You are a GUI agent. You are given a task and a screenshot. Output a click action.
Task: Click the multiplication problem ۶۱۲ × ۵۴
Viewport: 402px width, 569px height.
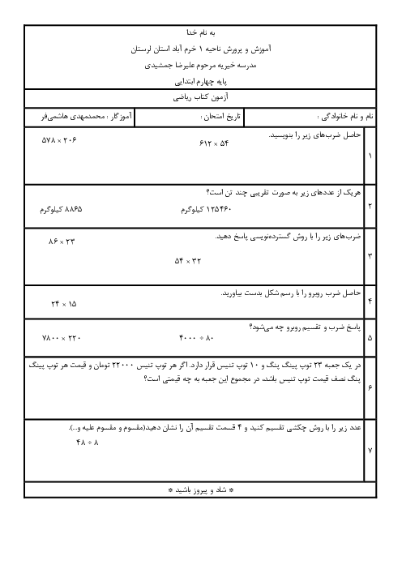pyautogui.click(x=214, y=143)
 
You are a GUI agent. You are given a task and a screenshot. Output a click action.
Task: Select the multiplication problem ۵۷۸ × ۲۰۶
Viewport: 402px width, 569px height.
pyautogui.click(x=59, y=139)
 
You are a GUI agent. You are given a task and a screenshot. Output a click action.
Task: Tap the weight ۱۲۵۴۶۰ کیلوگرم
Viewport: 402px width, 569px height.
pyautogui.click(x=206, y=209)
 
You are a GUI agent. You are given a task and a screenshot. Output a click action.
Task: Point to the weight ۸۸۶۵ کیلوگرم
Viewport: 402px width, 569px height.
pyautogui.click(x=61, y=209)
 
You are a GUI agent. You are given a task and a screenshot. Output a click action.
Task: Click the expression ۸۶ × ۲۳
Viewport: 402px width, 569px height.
pyautogui.click(x=62, y=242)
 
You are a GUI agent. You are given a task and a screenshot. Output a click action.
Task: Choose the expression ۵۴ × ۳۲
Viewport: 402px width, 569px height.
pyautogui.click(x=187, y=261)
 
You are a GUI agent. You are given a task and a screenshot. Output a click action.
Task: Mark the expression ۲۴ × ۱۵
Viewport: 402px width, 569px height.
pyautogui.click(x=64, y=304)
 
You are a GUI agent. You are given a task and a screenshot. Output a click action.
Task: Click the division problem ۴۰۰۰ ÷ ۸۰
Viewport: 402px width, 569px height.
pyautogui.click(x=196, y=338)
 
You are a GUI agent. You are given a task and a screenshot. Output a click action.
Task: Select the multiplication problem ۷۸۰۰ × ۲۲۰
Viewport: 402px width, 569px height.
pyautogui.click(x=62, y=338)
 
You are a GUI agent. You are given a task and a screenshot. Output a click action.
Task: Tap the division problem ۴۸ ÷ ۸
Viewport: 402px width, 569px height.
pyautogui.click(x=88, y=443)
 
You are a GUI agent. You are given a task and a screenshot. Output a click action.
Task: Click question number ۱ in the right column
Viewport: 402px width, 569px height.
pyautogui.click(x=370, y=156)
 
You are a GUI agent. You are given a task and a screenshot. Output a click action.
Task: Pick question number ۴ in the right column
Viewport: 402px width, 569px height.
pyautogui.click(x=370, y=302)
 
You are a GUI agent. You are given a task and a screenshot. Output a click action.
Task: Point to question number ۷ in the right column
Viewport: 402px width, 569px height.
pyautogui.click(x=370, y=451)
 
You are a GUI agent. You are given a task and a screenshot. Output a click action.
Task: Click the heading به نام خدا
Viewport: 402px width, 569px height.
pyautogui.click(x=201, y=32)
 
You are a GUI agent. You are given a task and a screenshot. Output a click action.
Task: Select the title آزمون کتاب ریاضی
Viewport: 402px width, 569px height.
pyautogui.click(x=201, y=97)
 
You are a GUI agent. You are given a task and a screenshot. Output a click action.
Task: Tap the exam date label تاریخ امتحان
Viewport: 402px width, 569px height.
pyautogui.click(x=220, y=117)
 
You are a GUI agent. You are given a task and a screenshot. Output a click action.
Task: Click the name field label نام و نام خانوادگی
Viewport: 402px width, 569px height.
pyautogui.click(x=345, y=116)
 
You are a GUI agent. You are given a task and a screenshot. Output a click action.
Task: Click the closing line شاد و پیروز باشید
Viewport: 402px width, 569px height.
pyautogui.click(x=201, y=490)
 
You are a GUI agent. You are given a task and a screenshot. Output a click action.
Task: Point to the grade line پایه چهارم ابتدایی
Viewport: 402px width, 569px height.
pyautogui.click(x=201, y=82)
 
